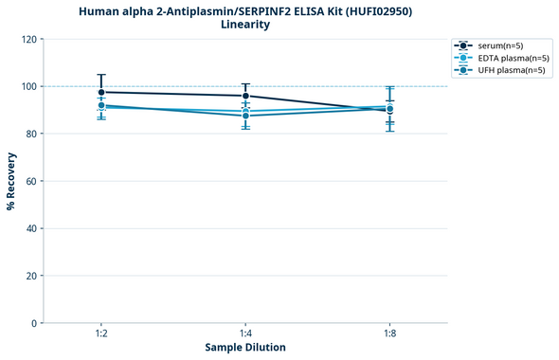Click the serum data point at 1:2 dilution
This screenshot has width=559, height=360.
click(x=101, y=92)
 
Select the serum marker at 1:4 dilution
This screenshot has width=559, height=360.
click(x=245, y=96)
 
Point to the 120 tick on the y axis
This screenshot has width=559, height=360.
click(x=27, y=39)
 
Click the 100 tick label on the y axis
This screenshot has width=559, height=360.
click(x=27, y=86)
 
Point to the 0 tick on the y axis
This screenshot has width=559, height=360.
click(x=32, y=323)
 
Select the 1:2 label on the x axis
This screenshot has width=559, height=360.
click(x=101, y=333)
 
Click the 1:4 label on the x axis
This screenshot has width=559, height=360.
click(x=245, y=333)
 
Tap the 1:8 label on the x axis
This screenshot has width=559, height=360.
click(x=389, y=333)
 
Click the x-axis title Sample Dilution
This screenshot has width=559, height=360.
click(x=245, y=348)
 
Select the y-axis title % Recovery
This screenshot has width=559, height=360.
click(x=11, y=180)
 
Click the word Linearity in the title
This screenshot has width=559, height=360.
click(x=245, y=25)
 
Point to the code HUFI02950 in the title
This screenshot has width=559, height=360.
click(x=376, y=11)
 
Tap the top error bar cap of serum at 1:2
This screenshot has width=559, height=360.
click(x=101, y=74)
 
